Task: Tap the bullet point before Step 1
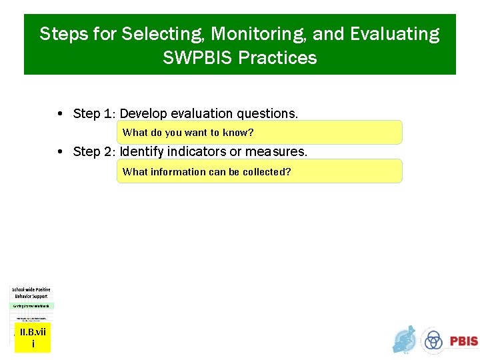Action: click(x=61, y=114)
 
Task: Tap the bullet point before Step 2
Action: click(x=61, y=152)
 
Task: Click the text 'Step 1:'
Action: click(x=94, y=113)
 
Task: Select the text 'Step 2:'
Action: click(x=94, y=152)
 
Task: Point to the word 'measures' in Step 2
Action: click(x=276, y=152)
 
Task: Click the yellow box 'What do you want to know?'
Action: click(x=259, y=133)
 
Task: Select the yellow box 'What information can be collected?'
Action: click(x=259, y=171)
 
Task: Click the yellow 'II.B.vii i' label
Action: click(x=33, y=338)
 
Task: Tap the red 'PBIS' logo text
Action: click(x=463, y=341)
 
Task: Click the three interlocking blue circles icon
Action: click(x=434, y=341)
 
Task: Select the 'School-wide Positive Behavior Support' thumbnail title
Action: click(x=31, y=293)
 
